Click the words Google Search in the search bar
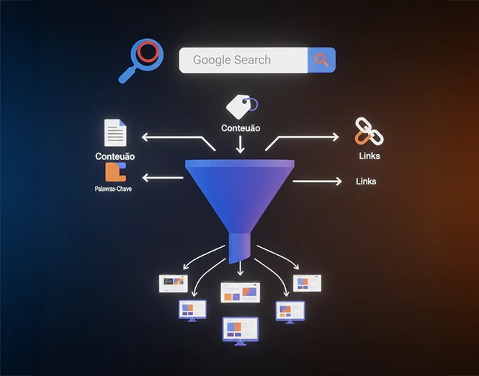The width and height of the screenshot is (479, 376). (232, 61)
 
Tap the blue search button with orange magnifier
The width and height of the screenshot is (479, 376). (321, 61)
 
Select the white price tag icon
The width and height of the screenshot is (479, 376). (240, 107)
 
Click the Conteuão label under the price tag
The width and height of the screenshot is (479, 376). (241, 129)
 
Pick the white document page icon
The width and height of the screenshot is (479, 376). (115, 133)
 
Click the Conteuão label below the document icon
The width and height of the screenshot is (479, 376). (115, 156)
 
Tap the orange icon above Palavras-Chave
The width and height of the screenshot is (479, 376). (115, 172)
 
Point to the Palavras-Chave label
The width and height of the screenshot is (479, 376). (113, 189)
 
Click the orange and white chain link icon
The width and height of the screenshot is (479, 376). (367, 133)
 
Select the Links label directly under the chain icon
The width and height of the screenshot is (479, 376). (369, 156)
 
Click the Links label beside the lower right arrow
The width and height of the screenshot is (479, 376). (366, 181)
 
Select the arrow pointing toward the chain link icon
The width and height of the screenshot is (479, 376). (303, 137)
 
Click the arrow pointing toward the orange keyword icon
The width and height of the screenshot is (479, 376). (163, 177)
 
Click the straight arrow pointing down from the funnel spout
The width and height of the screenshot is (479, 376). (240, 269)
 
